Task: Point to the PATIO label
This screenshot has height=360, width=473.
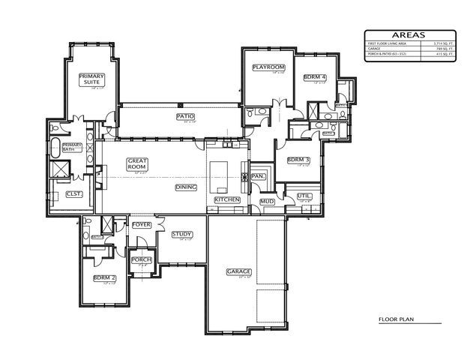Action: coord(185,116)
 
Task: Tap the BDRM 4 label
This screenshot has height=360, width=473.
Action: coord(314,77)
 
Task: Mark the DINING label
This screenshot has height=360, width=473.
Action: coord(185,187)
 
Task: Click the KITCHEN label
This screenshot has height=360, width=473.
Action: coord(227,200)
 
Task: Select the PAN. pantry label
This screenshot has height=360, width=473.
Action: coord(259,176)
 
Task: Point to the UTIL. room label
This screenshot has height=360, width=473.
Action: coord(304,196)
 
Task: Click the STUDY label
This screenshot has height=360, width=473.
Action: coord(182,235)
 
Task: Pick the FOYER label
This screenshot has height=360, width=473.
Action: coord(142,224)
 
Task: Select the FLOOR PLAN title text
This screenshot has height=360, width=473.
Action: coord(397,319)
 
